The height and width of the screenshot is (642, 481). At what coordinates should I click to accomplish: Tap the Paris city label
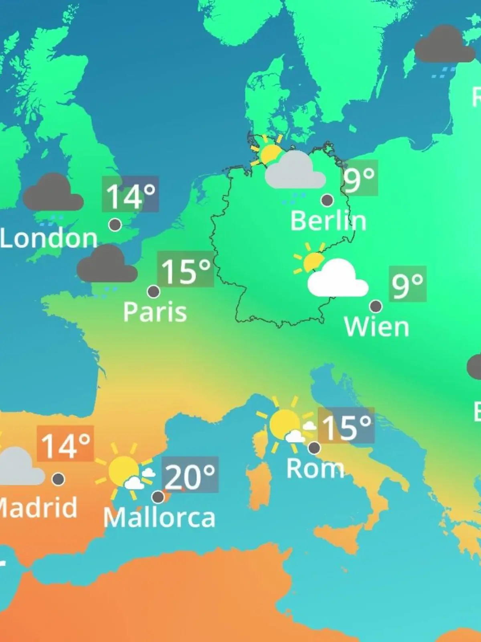pyautogui.click(x=155, y=312)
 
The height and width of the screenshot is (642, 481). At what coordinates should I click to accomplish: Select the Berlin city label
pyautogui.click(x=328, y=221)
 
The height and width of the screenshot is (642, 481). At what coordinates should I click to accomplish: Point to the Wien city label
pyautogui.click(x=376, y=327)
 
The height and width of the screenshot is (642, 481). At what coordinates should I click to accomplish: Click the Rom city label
pyautogui.click(x=315, y=468)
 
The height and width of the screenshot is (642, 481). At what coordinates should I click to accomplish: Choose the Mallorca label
pyautogui.click(x=159, y=518)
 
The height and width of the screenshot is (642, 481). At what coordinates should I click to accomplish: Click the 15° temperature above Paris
pyautogui.click(x=186, y=270)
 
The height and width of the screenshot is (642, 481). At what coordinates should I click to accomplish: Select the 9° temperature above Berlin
pyautogui.click(x=359, y=179)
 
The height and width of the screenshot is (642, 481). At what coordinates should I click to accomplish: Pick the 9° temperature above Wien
pyautogui.click(x=407, y=284)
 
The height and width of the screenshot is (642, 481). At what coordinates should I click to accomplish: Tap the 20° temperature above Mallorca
pyautogui.click(x=190, y=476)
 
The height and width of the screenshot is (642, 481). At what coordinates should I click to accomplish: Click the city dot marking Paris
pyautogui.click(x=154, y=291)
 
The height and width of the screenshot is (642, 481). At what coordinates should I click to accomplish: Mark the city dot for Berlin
pyautogui.click(x=327, y=200)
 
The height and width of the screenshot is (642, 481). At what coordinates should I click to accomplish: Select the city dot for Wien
pyautogui.click(x=376, y=306)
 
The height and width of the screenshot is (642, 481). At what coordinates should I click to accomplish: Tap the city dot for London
pyautogui.click(x=115, y=225)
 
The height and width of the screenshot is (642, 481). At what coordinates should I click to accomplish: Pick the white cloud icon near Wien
pyautogui.click(x=337, y=279)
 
